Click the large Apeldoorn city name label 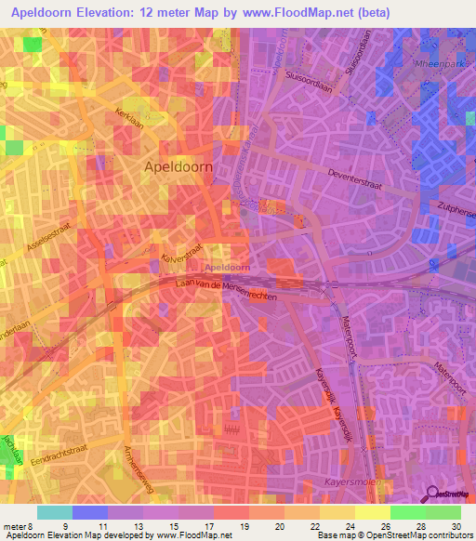point(178,166)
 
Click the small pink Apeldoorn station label point(225,267)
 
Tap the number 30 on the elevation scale point(455,527)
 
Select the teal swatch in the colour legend point(55,512)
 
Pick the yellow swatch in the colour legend point(372,512)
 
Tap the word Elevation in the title point(110,12)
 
